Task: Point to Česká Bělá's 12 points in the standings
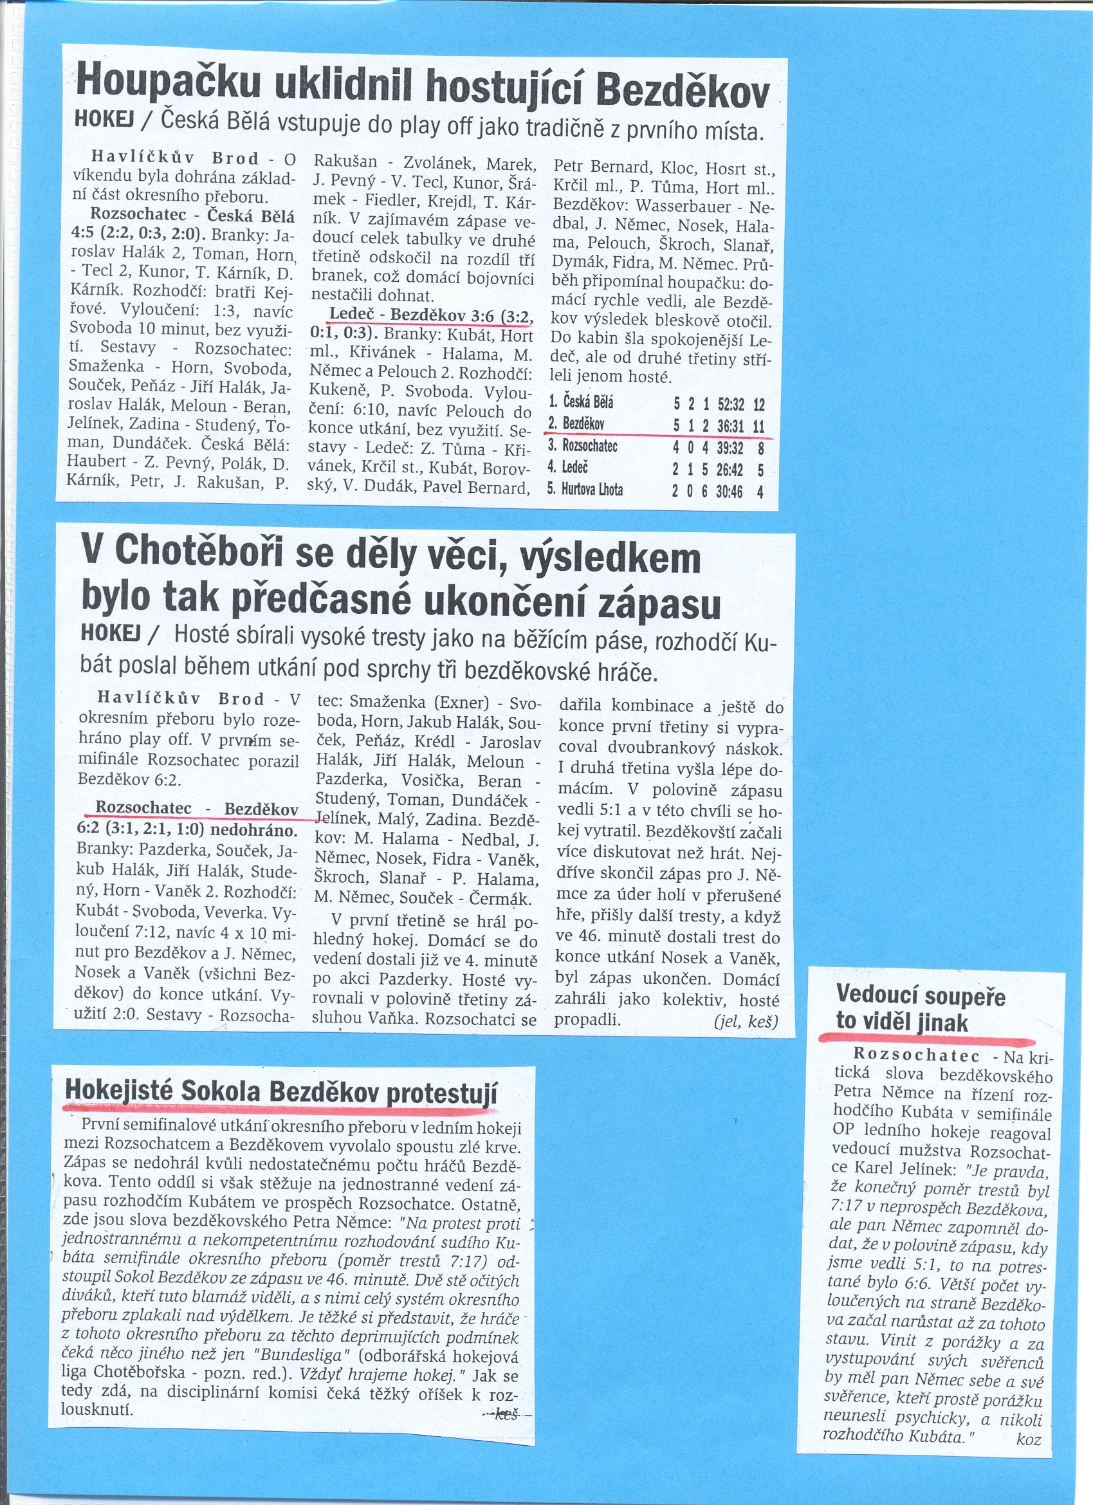[x=758, y=403]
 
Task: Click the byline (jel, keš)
[x=746, y=1021]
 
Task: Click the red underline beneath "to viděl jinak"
[x=926, y=1040]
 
